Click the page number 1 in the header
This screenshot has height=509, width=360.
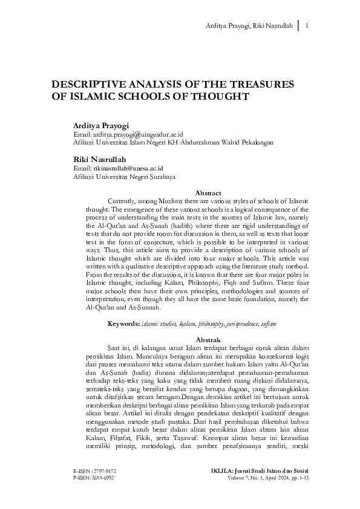coord(309,26)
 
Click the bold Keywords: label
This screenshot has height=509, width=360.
coord(123,325)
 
